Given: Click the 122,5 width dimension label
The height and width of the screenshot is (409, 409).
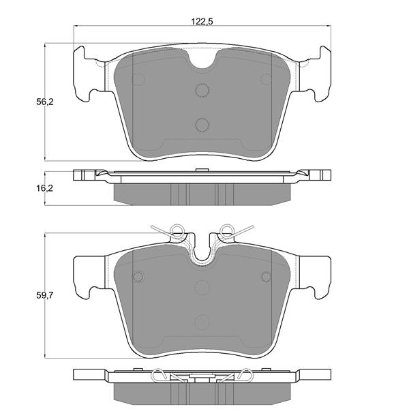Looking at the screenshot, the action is click(x=202, y=21).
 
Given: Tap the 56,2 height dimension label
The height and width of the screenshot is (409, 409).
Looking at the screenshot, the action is click(x=44, y=102).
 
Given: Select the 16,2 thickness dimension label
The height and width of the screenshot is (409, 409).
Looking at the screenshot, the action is click(x=44, y=188).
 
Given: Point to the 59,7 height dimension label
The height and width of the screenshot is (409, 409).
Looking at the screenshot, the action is click(x=44, y=295).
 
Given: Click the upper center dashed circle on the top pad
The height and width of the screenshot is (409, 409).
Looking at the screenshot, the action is click(x=202, y=90).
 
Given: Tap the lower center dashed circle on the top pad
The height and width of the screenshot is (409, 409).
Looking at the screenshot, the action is click(x=202, y=125).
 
